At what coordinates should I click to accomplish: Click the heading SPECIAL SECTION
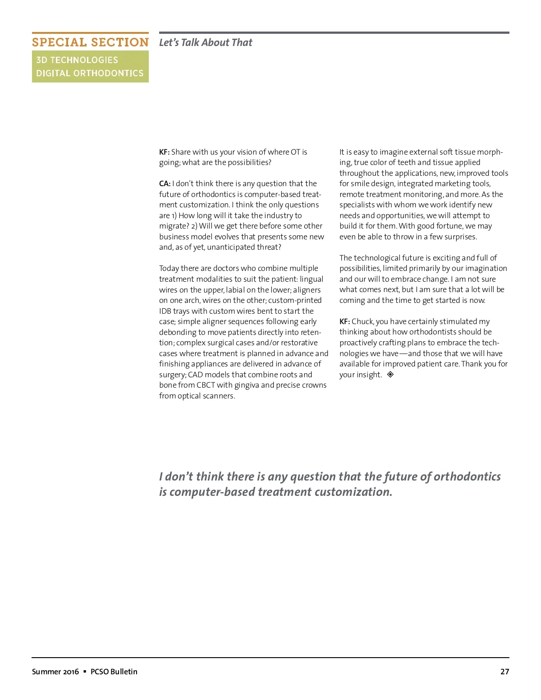(x=90, y=42)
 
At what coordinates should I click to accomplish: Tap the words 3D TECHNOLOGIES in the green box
(x=77, y=60)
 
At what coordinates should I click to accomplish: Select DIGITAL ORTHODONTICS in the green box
(x=90, y=73)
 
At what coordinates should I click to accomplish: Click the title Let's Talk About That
(x=206, y=42)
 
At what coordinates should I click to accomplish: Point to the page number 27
(x=504, y=672)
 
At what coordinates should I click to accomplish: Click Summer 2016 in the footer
(x=55, y=672)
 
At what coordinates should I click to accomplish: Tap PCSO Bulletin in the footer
(x=114, y=672)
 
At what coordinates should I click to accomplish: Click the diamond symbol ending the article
(x=390, y=374)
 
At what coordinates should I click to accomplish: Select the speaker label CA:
(x=165, y=183)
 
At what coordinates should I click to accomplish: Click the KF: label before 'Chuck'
(x=344, y=321)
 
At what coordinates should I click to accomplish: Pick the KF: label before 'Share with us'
(x=164, y=152)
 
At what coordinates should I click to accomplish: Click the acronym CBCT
(x=206, y=385)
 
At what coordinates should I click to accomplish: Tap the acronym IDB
(x=165, y=311)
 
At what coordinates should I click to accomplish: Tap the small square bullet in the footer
(x=85, y=672)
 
